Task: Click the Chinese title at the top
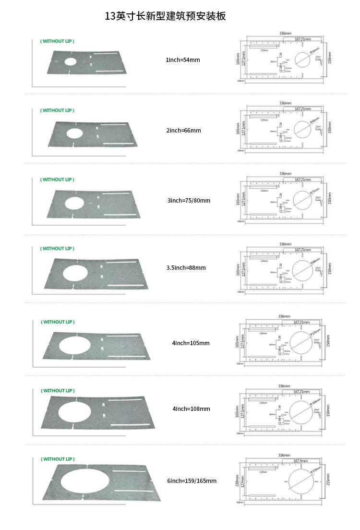(x=166, y=16)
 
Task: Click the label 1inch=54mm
(x=182, y=60)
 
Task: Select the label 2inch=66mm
(x=183, y=131)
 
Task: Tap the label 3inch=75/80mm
(x=189, y=200)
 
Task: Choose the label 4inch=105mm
(x=191, y=343)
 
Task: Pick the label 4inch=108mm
(x=191, y=409)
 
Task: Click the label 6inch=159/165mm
(x=192, y=481)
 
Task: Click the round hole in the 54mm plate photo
(x=70, y=62)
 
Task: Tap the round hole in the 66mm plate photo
(x=74, y=133)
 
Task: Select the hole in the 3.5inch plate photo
(x=75, y=272)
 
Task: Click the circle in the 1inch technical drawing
(x=302, y=60)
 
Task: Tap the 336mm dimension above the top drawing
(x=285, y=34)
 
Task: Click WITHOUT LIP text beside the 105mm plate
(x=57, y=322)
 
